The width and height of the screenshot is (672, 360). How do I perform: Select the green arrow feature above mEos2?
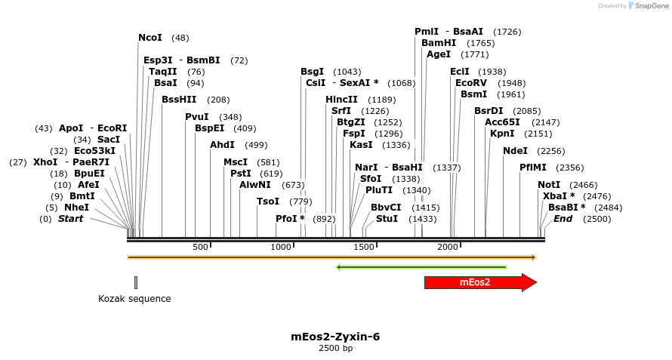[421, 266]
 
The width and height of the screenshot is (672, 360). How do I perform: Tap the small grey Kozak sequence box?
[136, 282]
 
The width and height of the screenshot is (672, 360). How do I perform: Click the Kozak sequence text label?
[134, 299]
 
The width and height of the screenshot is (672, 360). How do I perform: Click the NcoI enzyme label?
[150, 38]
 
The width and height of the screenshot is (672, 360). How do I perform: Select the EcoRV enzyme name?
[471, 83]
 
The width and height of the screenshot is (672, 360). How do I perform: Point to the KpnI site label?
[502, 134]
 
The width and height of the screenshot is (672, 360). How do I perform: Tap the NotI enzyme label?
[549, 185]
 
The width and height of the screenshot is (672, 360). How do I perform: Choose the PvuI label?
[196, 117]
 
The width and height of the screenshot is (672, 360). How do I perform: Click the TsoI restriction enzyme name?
[268, 202]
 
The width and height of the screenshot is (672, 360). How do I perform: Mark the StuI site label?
[387, 219]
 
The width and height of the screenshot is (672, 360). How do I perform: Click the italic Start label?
[70, 219]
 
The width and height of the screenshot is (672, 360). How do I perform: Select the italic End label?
[563, 219]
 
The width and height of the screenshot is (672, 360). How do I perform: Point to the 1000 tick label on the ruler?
[281, 247]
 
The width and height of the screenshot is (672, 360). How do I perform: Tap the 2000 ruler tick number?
[448, 247]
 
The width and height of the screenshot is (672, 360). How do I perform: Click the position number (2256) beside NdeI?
[551, 151]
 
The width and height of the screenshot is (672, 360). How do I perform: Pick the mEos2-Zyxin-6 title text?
[335, 337]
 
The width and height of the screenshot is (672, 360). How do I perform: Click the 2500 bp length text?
[335, 348]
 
